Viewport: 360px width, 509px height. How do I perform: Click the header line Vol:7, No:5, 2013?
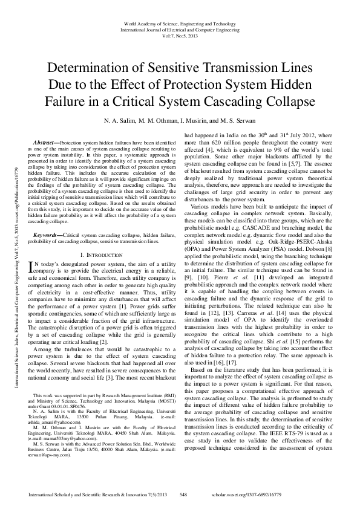[180, 36]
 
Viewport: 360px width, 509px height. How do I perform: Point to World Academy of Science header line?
[180, 23]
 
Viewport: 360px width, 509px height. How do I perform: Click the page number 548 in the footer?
[184, 495]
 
